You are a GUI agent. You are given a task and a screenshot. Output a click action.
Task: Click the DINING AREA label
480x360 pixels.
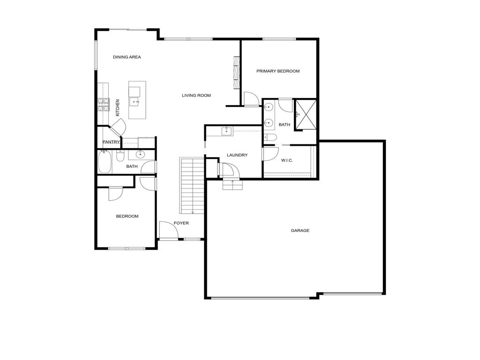point(127,57)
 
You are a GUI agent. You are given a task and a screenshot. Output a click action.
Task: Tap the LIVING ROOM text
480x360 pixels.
point(196,96)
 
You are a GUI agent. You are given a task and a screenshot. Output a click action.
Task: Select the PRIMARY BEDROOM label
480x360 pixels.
point(278,71)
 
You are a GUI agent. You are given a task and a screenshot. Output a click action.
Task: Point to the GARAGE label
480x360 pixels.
point(300,231)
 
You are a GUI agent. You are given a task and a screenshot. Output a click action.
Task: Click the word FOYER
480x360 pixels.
point(181,223)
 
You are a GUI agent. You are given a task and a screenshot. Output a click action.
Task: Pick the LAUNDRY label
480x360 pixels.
point(237,155)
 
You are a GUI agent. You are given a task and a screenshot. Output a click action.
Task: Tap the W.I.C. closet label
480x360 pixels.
point(287,161)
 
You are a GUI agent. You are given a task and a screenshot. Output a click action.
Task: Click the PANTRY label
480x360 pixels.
point(111,142)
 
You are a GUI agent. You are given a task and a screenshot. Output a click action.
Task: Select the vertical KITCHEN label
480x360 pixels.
point(118,107)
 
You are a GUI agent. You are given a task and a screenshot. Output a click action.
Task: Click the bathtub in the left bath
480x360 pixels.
point(105,162)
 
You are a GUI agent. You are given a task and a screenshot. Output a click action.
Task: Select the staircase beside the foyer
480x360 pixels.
point(191,186)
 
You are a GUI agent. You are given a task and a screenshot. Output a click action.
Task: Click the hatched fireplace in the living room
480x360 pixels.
point(237,72)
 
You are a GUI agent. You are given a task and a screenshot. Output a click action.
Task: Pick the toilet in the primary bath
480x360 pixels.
point(271,137)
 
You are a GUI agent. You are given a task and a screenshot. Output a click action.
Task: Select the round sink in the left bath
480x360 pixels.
point(140,154)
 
